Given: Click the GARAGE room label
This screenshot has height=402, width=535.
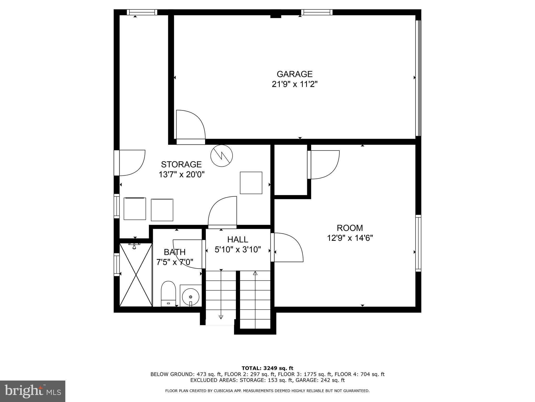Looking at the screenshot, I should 294,74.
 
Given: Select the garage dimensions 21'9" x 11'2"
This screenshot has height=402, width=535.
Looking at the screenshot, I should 294,85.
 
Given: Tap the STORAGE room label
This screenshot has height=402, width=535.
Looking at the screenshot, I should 181,164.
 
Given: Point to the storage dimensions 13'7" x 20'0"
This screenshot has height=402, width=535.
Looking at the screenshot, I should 181,174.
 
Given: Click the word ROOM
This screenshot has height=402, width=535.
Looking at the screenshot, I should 350,228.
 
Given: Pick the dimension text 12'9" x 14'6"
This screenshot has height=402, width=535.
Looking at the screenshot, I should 350,238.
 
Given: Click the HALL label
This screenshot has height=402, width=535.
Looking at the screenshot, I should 237,239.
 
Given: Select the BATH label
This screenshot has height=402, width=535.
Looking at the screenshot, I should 175,252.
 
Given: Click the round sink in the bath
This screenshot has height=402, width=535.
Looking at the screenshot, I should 191,297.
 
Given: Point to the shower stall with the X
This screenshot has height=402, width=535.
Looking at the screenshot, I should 136,275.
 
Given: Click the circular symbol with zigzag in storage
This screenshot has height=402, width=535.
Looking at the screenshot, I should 222,156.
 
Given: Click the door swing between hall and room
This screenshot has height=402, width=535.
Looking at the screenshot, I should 287,248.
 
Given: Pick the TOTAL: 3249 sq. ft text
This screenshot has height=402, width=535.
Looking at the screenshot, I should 267,368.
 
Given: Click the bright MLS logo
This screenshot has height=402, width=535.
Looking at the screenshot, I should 32,391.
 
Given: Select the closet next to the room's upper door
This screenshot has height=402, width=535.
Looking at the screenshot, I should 290,170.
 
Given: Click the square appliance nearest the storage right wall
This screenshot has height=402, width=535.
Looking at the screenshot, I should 251,183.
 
